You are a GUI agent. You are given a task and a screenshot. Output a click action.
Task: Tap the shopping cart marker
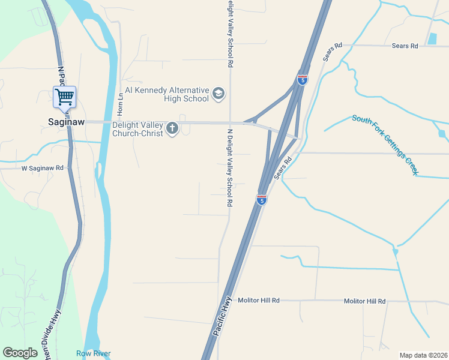tap(65, 97)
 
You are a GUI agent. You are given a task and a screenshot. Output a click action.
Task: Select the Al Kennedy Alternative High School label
tap(166, 94)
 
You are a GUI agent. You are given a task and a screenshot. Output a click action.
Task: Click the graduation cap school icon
tap(218, 94)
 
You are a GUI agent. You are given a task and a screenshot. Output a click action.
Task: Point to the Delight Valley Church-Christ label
tap(138, 129)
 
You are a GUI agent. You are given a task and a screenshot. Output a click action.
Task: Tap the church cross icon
tap(173, 128)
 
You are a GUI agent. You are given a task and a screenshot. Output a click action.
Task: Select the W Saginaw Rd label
tap(43, 169)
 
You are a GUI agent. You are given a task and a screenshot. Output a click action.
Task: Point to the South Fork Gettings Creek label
tap(385, 144)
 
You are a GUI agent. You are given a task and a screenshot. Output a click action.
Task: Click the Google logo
tap(20, 353)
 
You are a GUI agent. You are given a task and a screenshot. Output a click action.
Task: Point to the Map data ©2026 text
tap(423, 355)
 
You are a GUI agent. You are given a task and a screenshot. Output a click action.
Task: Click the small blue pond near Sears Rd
tap(432, 39)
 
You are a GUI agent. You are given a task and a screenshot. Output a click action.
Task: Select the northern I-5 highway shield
tap(303, 79)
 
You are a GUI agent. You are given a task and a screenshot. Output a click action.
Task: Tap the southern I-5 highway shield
tap(261, 199)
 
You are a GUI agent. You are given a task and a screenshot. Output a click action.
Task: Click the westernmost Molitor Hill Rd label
tap(259, 300)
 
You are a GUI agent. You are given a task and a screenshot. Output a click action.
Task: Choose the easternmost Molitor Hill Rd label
tap(364, 301)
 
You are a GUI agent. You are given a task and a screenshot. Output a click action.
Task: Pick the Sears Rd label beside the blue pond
tap(404, 46)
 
